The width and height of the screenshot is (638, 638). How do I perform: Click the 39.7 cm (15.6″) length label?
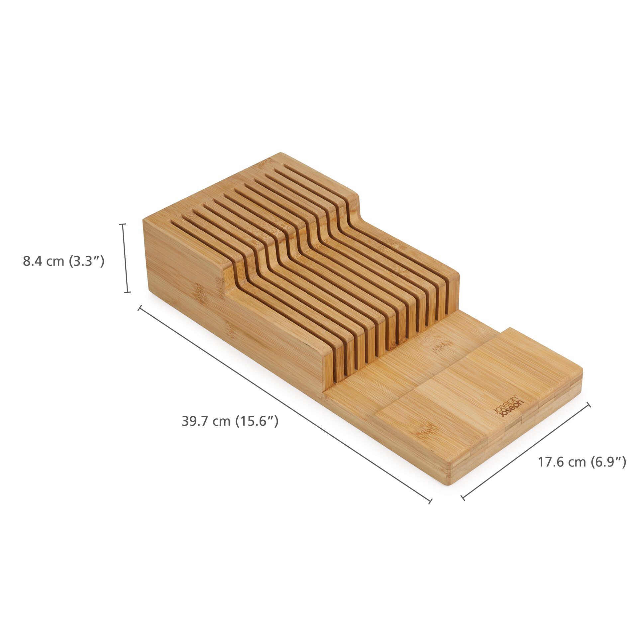click(230, 421)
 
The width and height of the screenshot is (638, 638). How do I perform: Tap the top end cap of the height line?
click(123, 224)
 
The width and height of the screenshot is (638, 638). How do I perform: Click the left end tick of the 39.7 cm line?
click(140, 308)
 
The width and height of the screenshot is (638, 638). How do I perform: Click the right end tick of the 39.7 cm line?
click(431, 501)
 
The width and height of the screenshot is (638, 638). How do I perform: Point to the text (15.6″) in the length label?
click(257, 421)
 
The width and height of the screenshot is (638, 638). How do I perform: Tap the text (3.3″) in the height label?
click(87, 261)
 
